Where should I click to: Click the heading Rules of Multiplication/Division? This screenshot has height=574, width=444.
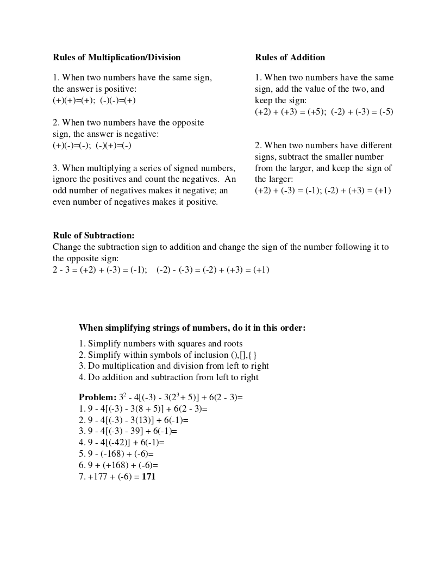point(116,58)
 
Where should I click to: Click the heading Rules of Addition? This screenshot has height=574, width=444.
point(290,58)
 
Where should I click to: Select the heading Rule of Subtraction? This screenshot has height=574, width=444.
point(93,236)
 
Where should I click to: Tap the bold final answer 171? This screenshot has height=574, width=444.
point(148,477)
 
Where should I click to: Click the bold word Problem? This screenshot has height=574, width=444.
point(97,398)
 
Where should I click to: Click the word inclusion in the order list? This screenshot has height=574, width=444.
point(211,355)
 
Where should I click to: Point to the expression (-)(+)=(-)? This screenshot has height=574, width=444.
point(114,146)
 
